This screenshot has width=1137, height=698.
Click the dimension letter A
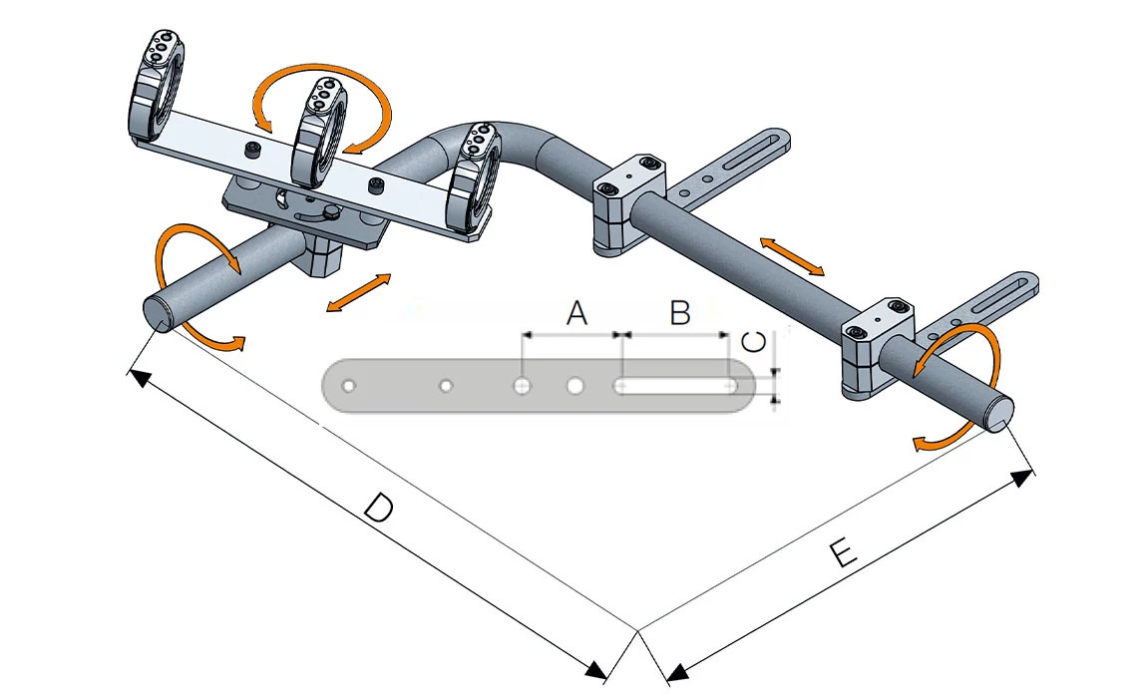point(575,314)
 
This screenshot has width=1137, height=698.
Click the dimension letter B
point(679,313)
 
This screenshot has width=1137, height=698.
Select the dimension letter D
point(379,509)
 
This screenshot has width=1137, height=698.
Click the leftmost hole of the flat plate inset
point(348,385)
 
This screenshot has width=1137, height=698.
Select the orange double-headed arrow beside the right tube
point(793,256)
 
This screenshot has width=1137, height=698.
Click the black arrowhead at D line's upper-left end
point(140,378)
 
